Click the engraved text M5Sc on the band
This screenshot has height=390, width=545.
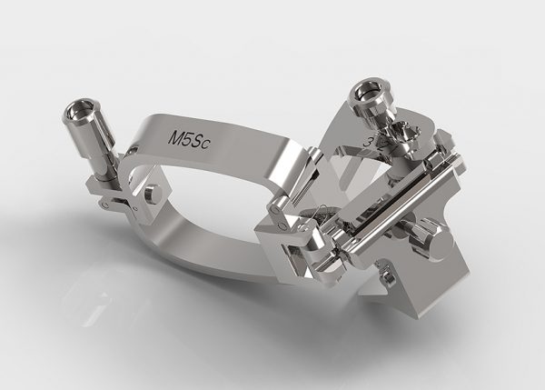[189, 138]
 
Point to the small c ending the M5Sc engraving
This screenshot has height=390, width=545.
[206, 144]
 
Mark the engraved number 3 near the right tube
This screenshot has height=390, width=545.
[367, 142]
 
